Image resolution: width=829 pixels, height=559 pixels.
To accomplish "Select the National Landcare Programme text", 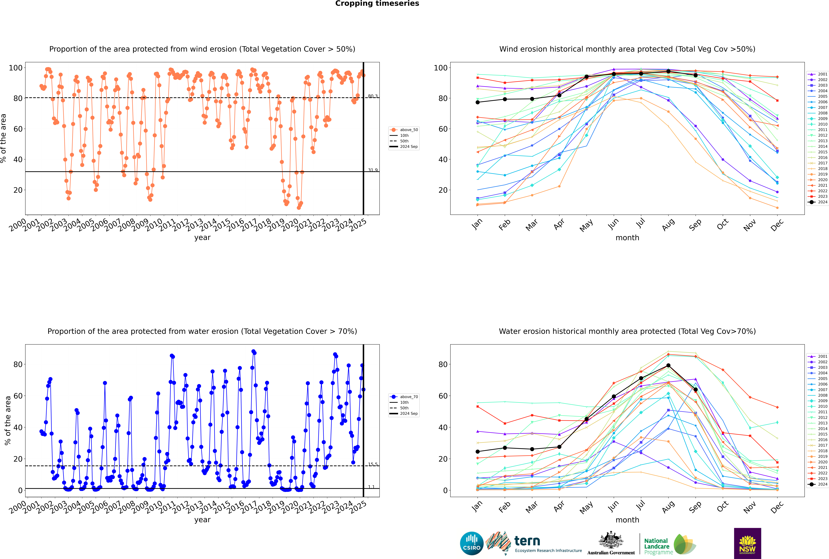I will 657,546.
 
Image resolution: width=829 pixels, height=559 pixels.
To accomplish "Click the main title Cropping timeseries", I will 377,4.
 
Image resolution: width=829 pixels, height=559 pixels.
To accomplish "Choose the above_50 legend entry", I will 408,130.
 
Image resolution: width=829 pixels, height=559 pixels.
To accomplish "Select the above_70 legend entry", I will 408,397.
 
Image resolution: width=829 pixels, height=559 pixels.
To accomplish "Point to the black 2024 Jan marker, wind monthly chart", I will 478,102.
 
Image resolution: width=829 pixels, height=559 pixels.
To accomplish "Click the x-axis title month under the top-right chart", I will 627,238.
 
